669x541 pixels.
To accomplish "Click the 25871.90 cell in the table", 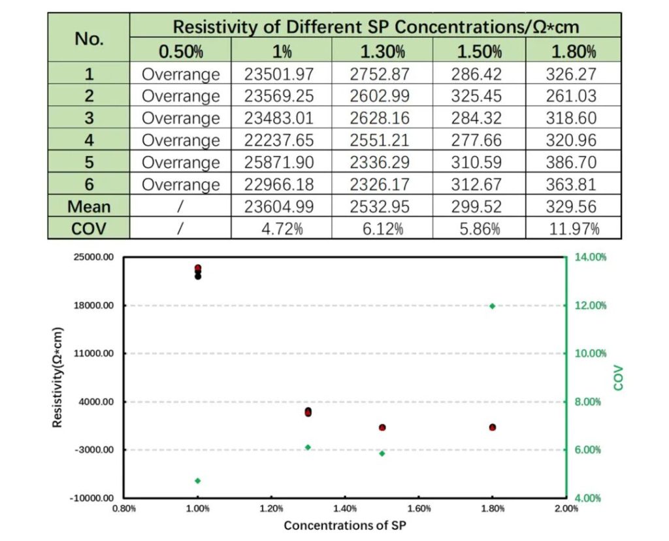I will coord(279,162).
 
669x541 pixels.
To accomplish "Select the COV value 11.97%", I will coord(571,229).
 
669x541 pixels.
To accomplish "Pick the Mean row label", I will coord(90,206).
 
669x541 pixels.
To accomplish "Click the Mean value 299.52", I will coord(476,206).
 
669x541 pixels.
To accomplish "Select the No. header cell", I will coord(90,39).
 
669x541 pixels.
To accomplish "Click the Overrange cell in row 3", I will coord(181,118).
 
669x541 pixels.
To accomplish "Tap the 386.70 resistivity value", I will coord(571,162).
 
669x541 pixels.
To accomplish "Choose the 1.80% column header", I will coord(571,52).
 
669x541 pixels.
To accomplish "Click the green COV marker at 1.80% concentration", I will coord(493,306).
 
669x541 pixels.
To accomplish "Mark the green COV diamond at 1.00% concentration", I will coord(197,481).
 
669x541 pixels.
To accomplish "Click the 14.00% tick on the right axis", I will coord(591,257).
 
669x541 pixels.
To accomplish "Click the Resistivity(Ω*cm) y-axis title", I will coord(57,377).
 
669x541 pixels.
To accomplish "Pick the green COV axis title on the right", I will coord(619,378).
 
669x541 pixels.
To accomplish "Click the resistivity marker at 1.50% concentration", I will coord(382,427).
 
